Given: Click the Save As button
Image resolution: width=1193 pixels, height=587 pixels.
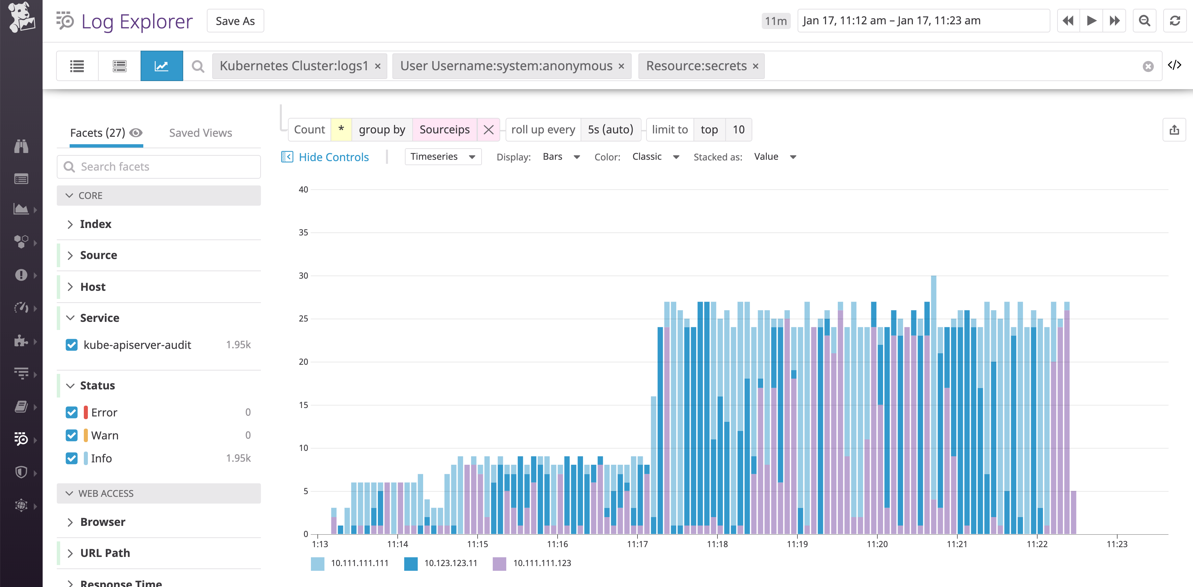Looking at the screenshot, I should click(x=235, y=21).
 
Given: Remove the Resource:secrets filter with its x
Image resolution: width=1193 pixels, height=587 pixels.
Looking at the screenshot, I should click(x=755, y=66).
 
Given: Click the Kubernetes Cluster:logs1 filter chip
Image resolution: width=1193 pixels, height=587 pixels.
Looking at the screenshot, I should click(x=294, y=66).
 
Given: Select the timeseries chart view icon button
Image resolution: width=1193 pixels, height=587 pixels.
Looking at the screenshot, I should click(x=161, y=66).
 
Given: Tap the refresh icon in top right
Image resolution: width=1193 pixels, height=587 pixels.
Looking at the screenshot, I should click(x=1174, y=21).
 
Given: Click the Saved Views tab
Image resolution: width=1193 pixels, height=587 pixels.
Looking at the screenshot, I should click(x=200, y=133).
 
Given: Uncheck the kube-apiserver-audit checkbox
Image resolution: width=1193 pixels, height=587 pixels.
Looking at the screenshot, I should click(x=72, y=345).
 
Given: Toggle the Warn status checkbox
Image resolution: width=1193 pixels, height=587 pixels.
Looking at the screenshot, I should click(x=72, y=435).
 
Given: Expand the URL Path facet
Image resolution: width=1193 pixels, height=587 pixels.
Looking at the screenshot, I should click(x=105, y=553).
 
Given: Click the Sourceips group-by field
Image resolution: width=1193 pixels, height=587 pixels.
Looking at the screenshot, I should click(x=444, y=130).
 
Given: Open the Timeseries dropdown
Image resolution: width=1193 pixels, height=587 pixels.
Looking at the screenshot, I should click(x=442, y=156).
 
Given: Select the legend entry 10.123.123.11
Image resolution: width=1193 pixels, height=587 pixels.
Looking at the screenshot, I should click(x=450, y=563).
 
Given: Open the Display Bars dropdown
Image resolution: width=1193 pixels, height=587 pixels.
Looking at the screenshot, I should click(x=561, y=156).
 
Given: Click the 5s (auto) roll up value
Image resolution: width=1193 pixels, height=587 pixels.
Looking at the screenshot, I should click(x=610, y=130).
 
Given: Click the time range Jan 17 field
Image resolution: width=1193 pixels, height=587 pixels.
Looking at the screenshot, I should click(x=923, y=21).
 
